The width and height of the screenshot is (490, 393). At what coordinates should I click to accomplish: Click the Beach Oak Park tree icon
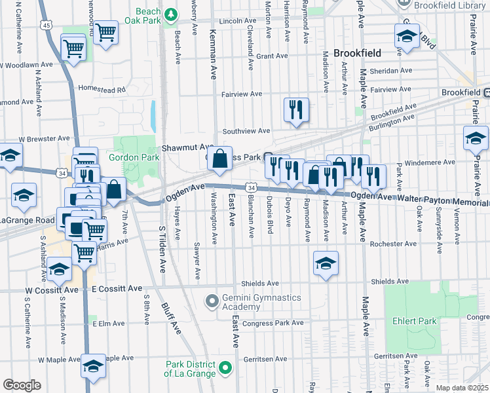pyautogui.click(x=171, y=13)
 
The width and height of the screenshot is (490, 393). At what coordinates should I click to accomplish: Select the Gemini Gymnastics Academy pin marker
pyautogui.click(x=212, y=302)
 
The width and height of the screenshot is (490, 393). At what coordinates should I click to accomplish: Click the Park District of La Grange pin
pyautogui.click(x=225, y=369)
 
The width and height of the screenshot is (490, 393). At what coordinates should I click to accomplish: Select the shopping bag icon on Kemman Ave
pyautogui.click(x=220, y=159)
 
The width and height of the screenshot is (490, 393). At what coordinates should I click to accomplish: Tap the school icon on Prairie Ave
pyautogui.click(x=476, y=138)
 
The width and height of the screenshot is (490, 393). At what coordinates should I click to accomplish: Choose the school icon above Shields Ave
pyautogui.click(x=325, y=264)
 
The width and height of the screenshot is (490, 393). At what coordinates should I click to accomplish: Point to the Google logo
pyautogui.click(x=22, y=385)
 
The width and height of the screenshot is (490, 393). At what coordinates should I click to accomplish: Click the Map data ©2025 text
pyautogui.click(x=461, y=388)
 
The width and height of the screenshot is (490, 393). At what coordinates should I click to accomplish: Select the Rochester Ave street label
pyautogui.click(x=393, y=244)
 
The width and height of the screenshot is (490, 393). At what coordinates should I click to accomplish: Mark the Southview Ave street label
pyautogui.click(x=246, y=131)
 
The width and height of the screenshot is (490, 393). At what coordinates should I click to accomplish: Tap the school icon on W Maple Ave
pyautogui.click(x=93, y=367)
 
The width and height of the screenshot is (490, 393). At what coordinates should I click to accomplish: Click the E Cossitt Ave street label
pyautogui.click(x=117, y=288)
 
